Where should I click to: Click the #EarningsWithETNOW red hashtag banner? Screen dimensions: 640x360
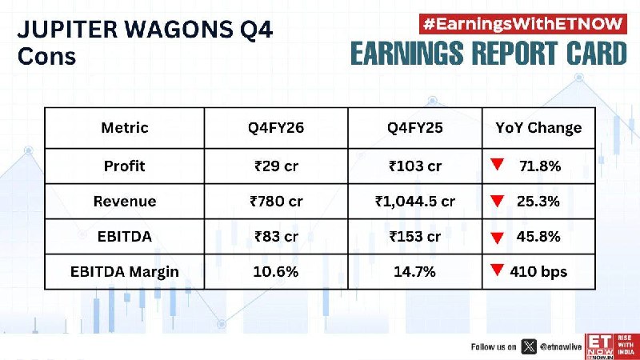[523, 24]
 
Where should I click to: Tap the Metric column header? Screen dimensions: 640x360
[125, 128]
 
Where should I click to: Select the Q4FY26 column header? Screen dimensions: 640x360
[276, 128]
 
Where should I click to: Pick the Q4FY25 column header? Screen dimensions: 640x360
[414, 128]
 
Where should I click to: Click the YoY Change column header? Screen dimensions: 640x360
[538, 128]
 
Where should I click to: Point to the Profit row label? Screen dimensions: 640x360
[125, 166]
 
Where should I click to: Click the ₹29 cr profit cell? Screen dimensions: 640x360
[276, 166]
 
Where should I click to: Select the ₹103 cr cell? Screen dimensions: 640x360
[415, 166]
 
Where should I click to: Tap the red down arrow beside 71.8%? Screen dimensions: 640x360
[497, 164]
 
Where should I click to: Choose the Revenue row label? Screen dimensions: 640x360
[125, 202]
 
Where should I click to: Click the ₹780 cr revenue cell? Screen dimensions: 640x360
[276, 202]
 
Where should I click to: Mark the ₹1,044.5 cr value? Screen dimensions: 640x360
[415, 202]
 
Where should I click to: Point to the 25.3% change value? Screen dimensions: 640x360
[538, 202]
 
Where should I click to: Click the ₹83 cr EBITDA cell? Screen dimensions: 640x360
[276, 236]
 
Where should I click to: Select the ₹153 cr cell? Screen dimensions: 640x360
[415, 236]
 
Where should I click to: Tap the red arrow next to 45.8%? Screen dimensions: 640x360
[497, 238]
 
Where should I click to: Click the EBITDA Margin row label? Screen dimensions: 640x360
[125, 272]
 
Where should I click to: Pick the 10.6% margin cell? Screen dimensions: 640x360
[276, 271]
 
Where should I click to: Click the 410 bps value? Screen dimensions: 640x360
[538, 272]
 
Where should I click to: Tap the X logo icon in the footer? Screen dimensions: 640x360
[529, 346]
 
